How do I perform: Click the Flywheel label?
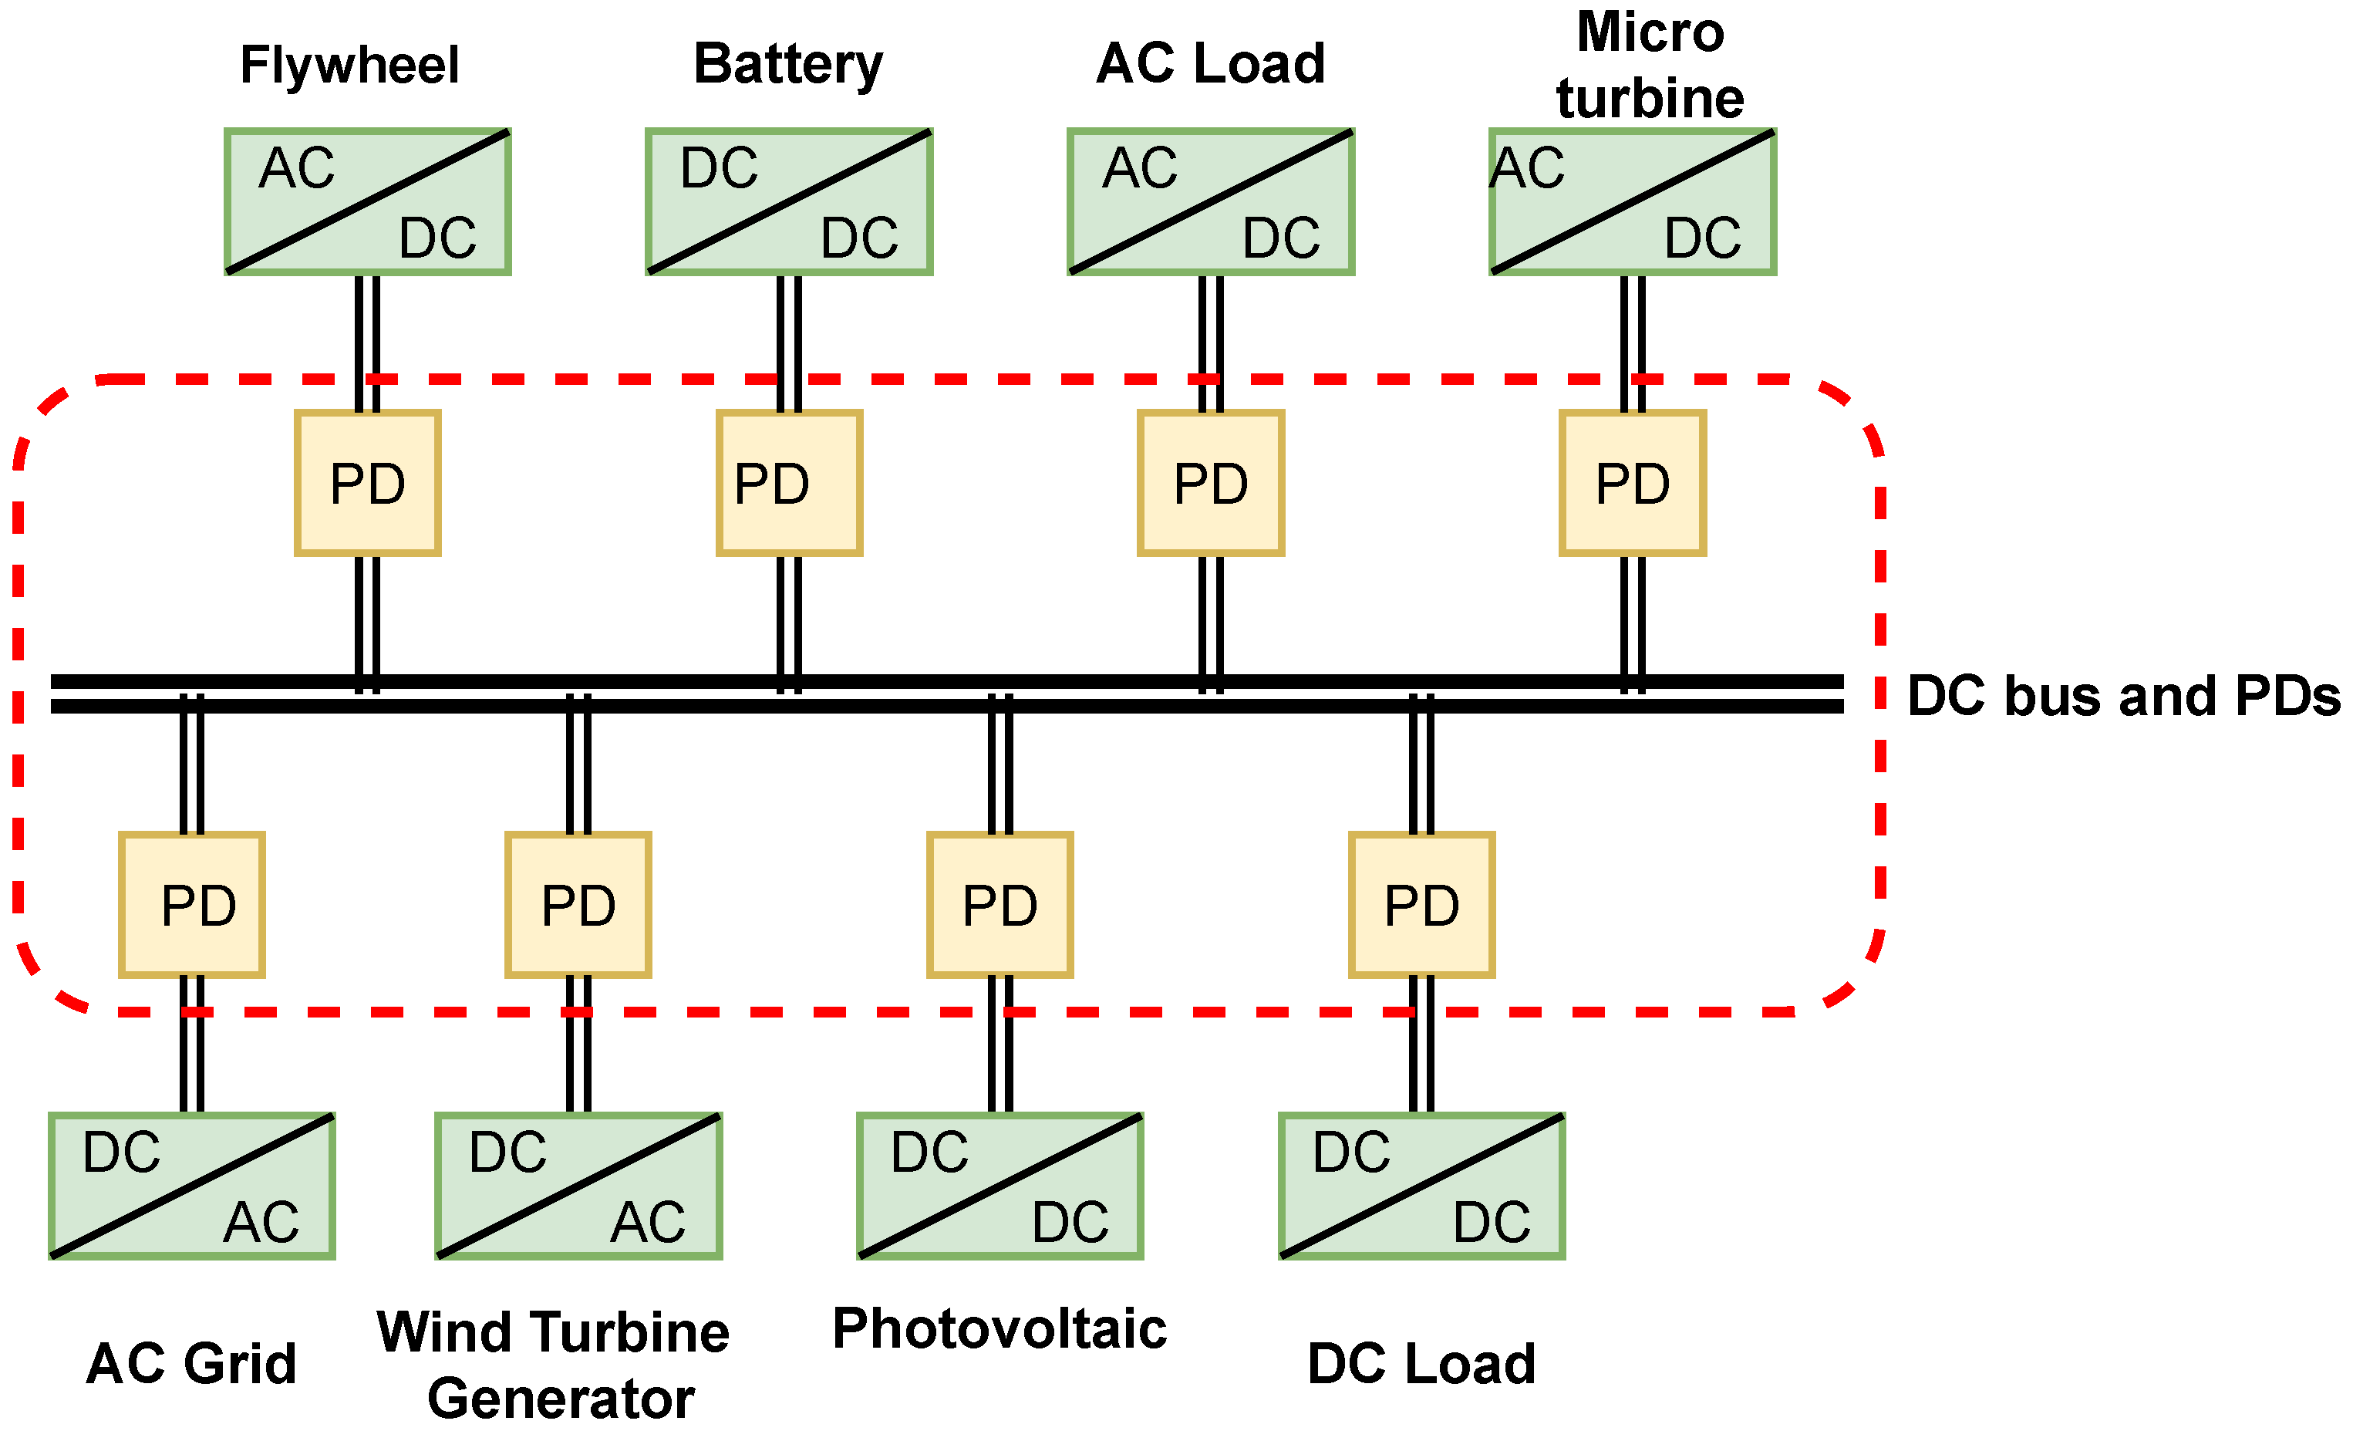[349, 65]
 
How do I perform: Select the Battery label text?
[788, 64]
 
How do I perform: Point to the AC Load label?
[1210, 64]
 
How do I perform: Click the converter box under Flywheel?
[368, 201]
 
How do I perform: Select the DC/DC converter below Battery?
[789, 201]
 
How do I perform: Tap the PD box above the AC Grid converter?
[192, 905]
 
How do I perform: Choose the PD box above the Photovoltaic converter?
[1000, 905]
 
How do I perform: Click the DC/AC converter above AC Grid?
[192, 1186]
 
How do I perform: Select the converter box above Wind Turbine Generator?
[578, 1186]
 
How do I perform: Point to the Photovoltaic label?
[999, 1328]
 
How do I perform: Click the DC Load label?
[1421, 1363]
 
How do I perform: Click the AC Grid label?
[191, 1363]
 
